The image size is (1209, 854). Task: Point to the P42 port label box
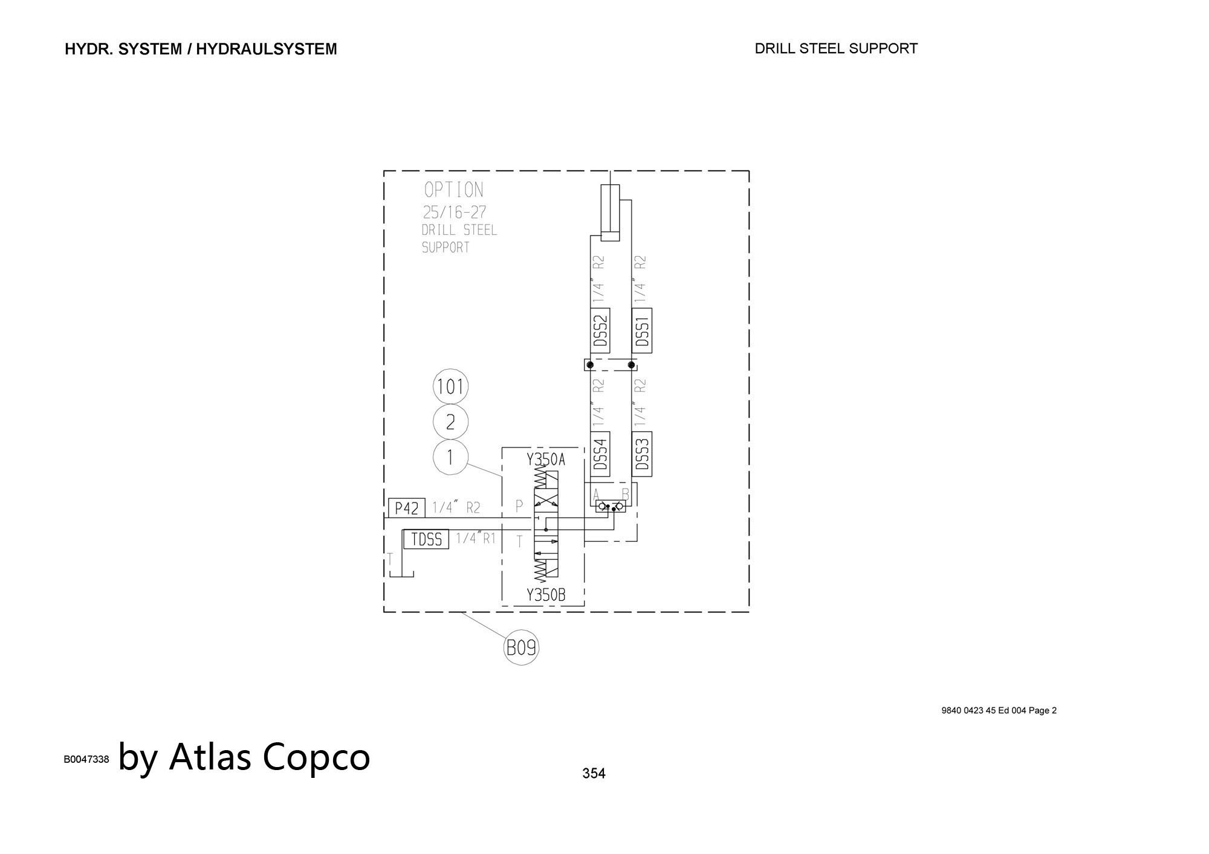click(x=407, y=508)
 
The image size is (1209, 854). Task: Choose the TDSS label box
click(x=426, y=539)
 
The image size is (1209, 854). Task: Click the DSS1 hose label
click(x=642, y=330)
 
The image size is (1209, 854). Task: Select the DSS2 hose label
click(x=600, y=330)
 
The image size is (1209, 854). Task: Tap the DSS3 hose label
click(x=642, y=454)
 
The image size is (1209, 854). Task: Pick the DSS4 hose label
click(x=600, y=454)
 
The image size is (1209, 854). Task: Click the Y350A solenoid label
click(x=546, y=460)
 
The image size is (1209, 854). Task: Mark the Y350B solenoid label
click(x=546, y=595)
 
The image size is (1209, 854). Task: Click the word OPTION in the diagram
click(x=453, y=190)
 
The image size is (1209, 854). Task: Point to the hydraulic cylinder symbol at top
click(x=611, y=213)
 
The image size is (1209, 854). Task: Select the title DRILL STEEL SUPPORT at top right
click(x=836, y=48)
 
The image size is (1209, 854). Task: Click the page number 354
click(x=594, y=773)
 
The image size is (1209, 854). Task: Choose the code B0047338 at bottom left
click(x=86, y=759)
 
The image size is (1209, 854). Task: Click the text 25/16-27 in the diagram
click(x=454, y=213)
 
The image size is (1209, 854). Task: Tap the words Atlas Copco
click(x=270, y=756)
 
